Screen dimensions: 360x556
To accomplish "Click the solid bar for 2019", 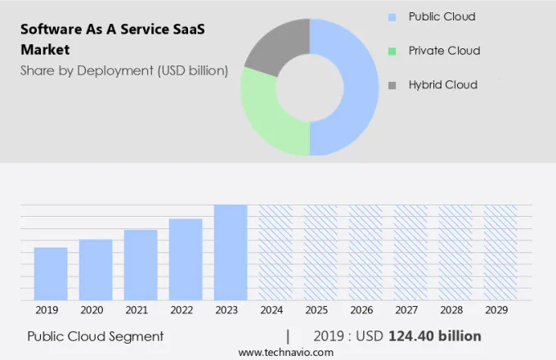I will point(51,274).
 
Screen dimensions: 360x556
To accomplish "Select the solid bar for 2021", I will point(141,265).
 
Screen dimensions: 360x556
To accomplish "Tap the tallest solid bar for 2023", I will point(231,253).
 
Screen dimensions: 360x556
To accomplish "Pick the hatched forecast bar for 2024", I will point(276,253).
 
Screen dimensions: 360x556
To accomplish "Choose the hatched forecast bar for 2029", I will point(500,253).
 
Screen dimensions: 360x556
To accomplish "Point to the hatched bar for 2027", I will point(410,253).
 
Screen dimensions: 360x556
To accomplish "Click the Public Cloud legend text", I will point(442,16).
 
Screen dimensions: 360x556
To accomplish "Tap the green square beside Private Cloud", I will point(392,51).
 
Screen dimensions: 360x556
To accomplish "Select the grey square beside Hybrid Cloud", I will point(392,85).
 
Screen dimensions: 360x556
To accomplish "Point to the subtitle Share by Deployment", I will point(123,70).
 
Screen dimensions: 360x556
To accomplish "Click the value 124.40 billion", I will point(435,336).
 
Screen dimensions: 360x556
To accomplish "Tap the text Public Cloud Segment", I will point(95,336).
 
